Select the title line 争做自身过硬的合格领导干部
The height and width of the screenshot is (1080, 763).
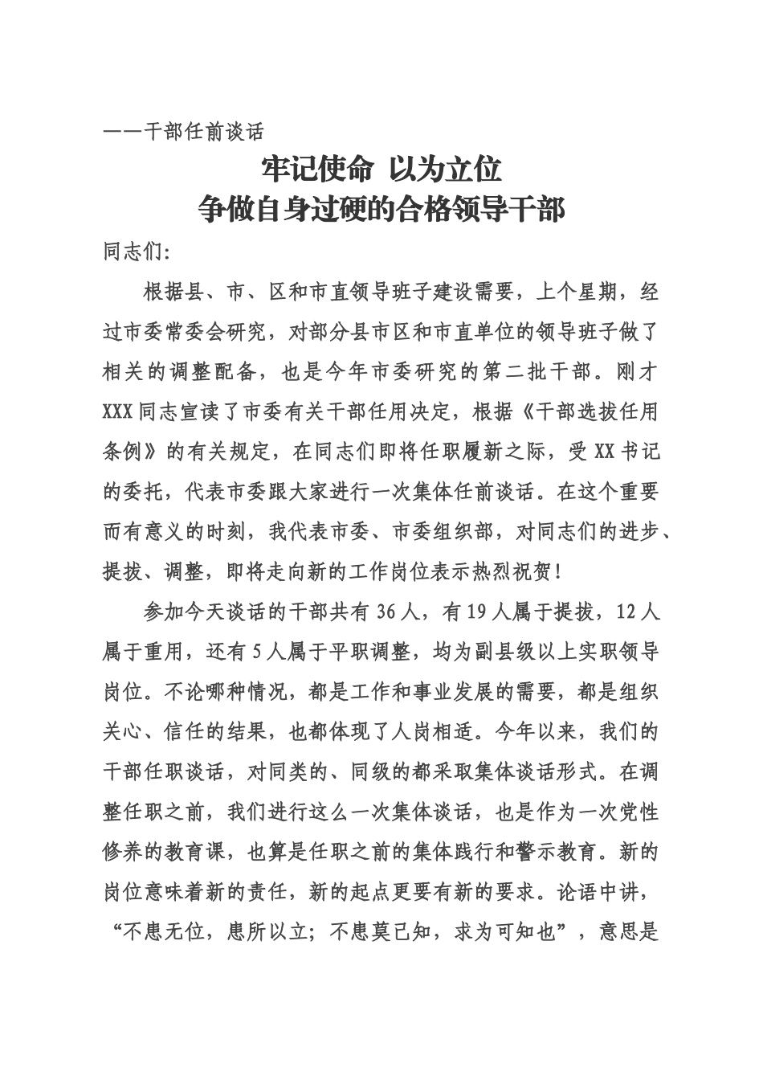381,210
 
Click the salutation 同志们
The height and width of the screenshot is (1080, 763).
134,252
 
